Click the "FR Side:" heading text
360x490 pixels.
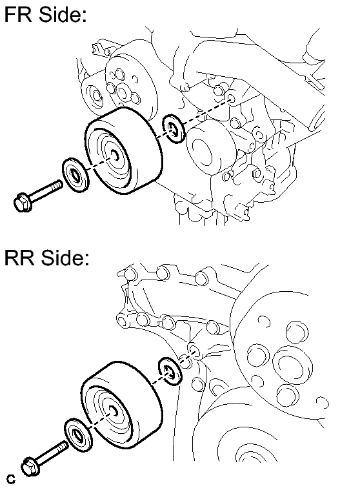(x=46, y=14)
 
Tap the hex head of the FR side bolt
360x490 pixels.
(x=23, y=202)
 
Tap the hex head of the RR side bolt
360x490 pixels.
(x=30, y=467)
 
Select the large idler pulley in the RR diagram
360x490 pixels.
(x=122, y=406)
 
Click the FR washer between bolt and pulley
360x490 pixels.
(x=76, y=175)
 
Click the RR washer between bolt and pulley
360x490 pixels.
(x=78, y=435)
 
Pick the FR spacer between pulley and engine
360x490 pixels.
(x=174, y=128)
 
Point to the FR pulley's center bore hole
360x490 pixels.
(x=115, y=154)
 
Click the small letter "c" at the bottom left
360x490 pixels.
(x=11, y=479)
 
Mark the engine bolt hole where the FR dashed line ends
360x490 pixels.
(x=231, y=99)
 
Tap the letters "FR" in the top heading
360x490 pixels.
(x=18, y=14)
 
